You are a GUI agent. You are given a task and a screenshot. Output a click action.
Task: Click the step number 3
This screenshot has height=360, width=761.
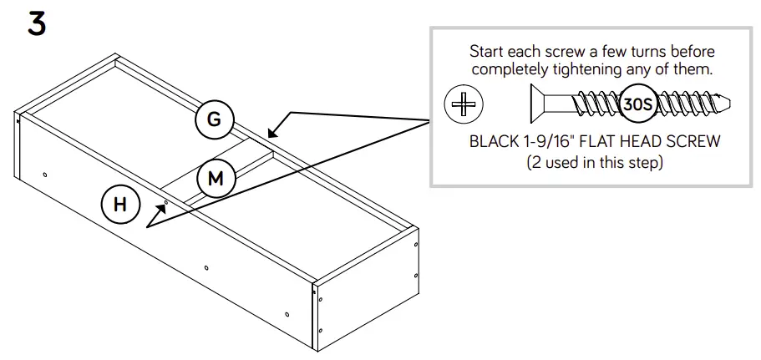click(x=36, y=23)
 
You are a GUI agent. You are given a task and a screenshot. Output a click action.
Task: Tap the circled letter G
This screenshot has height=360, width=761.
click(x=214, y=119)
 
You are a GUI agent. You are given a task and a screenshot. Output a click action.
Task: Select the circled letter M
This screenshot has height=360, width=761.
click(x=216, y=178)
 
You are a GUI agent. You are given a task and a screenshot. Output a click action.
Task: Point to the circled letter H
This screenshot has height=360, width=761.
click(x=121, y=205)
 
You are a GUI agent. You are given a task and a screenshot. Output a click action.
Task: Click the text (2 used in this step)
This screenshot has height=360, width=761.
click(x=595, y=163)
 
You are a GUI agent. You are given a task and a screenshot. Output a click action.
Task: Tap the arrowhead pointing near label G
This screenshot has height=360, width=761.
click(x=273, y=132)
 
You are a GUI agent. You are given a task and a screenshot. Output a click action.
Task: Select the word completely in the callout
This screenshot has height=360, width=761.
click(x=516, y=70)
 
